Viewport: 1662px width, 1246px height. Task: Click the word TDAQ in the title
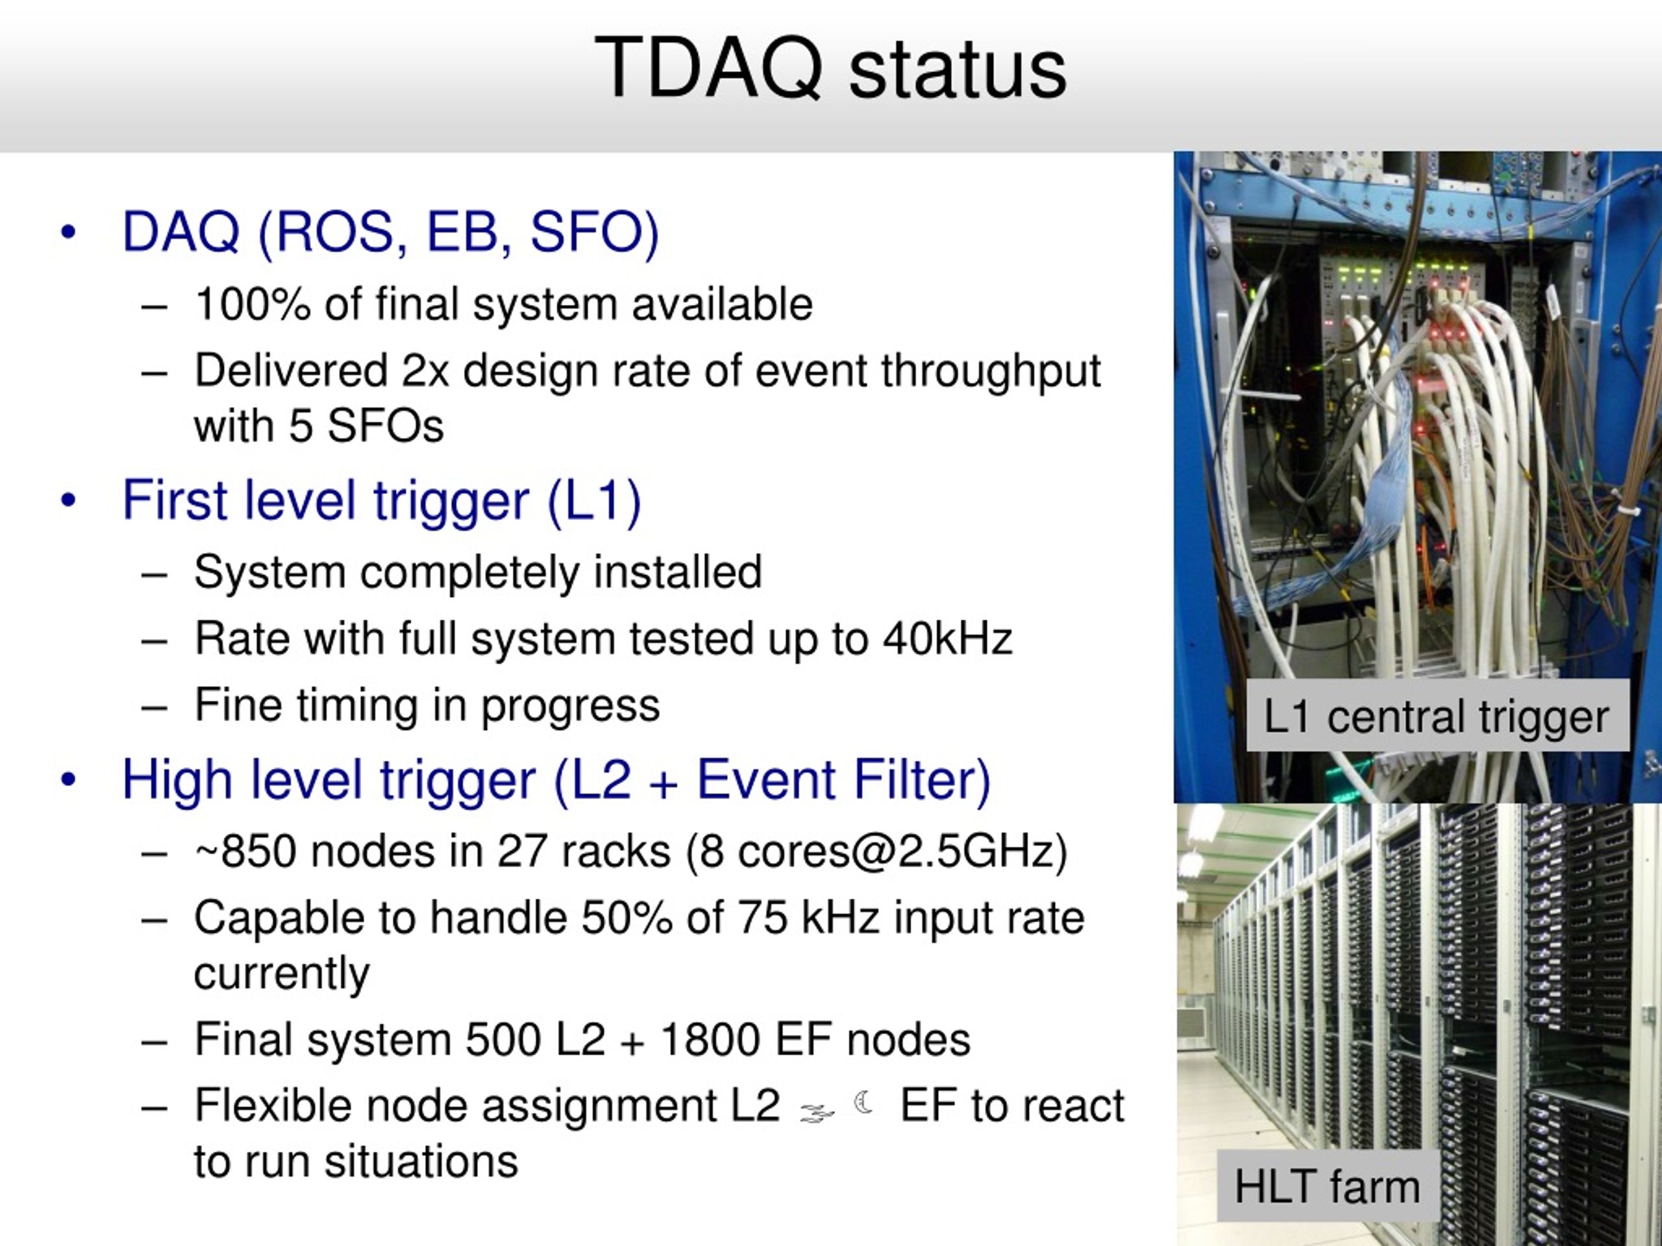(708, 68)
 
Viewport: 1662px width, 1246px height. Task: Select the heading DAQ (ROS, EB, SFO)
(391, 232)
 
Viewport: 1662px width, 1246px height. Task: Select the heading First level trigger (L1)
(382, 501)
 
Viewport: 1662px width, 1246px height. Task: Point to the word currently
(282, 974)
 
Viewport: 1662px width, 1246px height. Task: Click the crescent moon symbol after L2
(864, 1103)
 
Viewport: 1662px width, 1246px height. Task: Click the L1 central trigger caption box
(1437, 716)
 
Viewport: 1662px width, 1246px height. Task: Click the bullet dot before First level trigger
(68, 501)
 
